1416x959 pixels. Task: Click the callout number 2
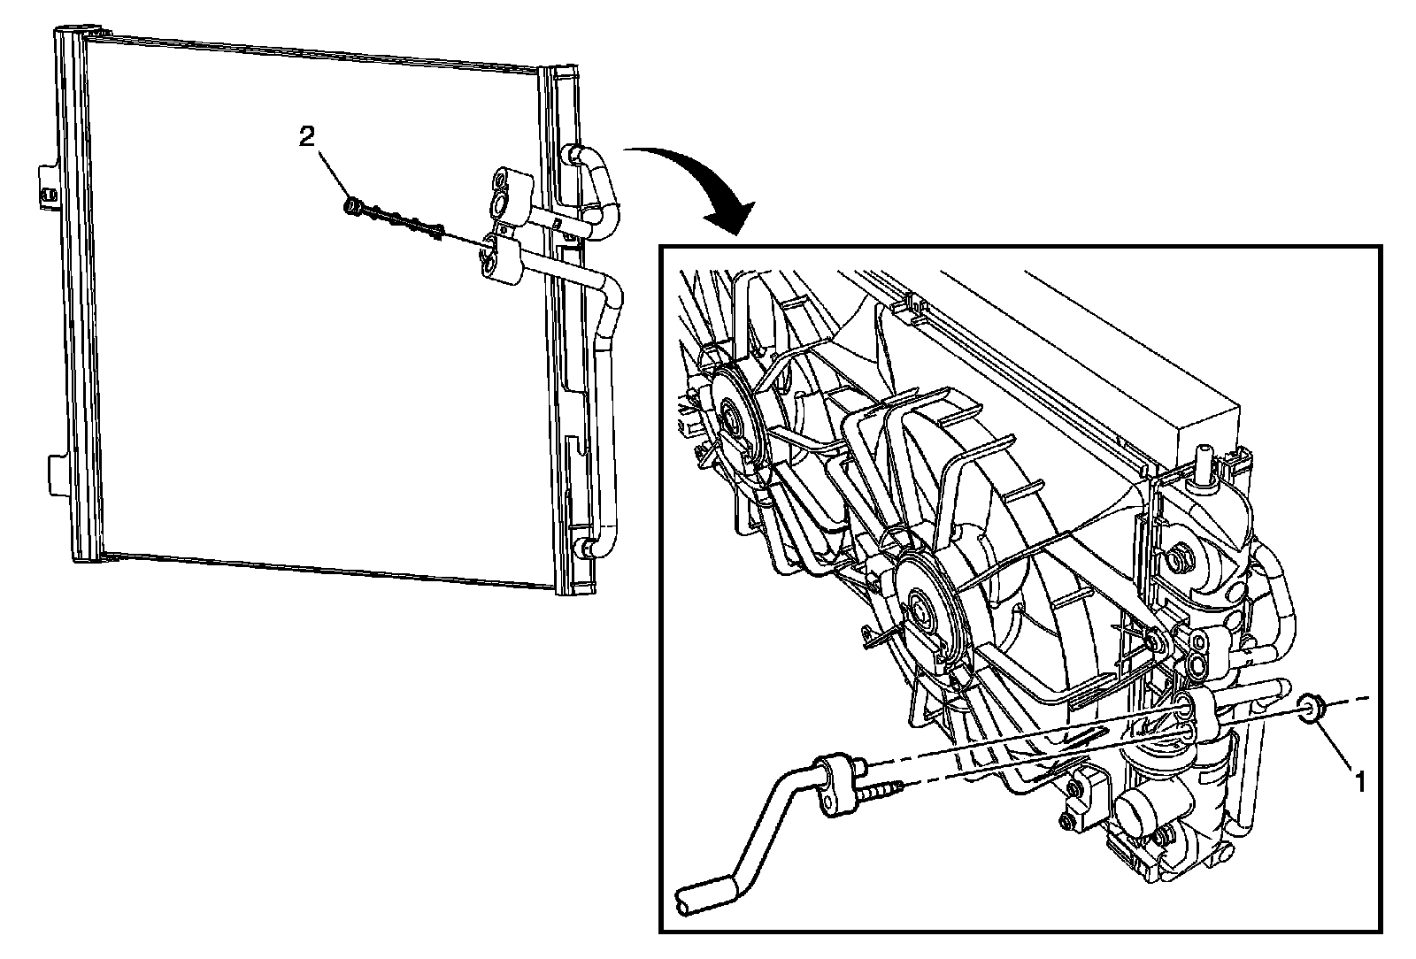tap(305, 136)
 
